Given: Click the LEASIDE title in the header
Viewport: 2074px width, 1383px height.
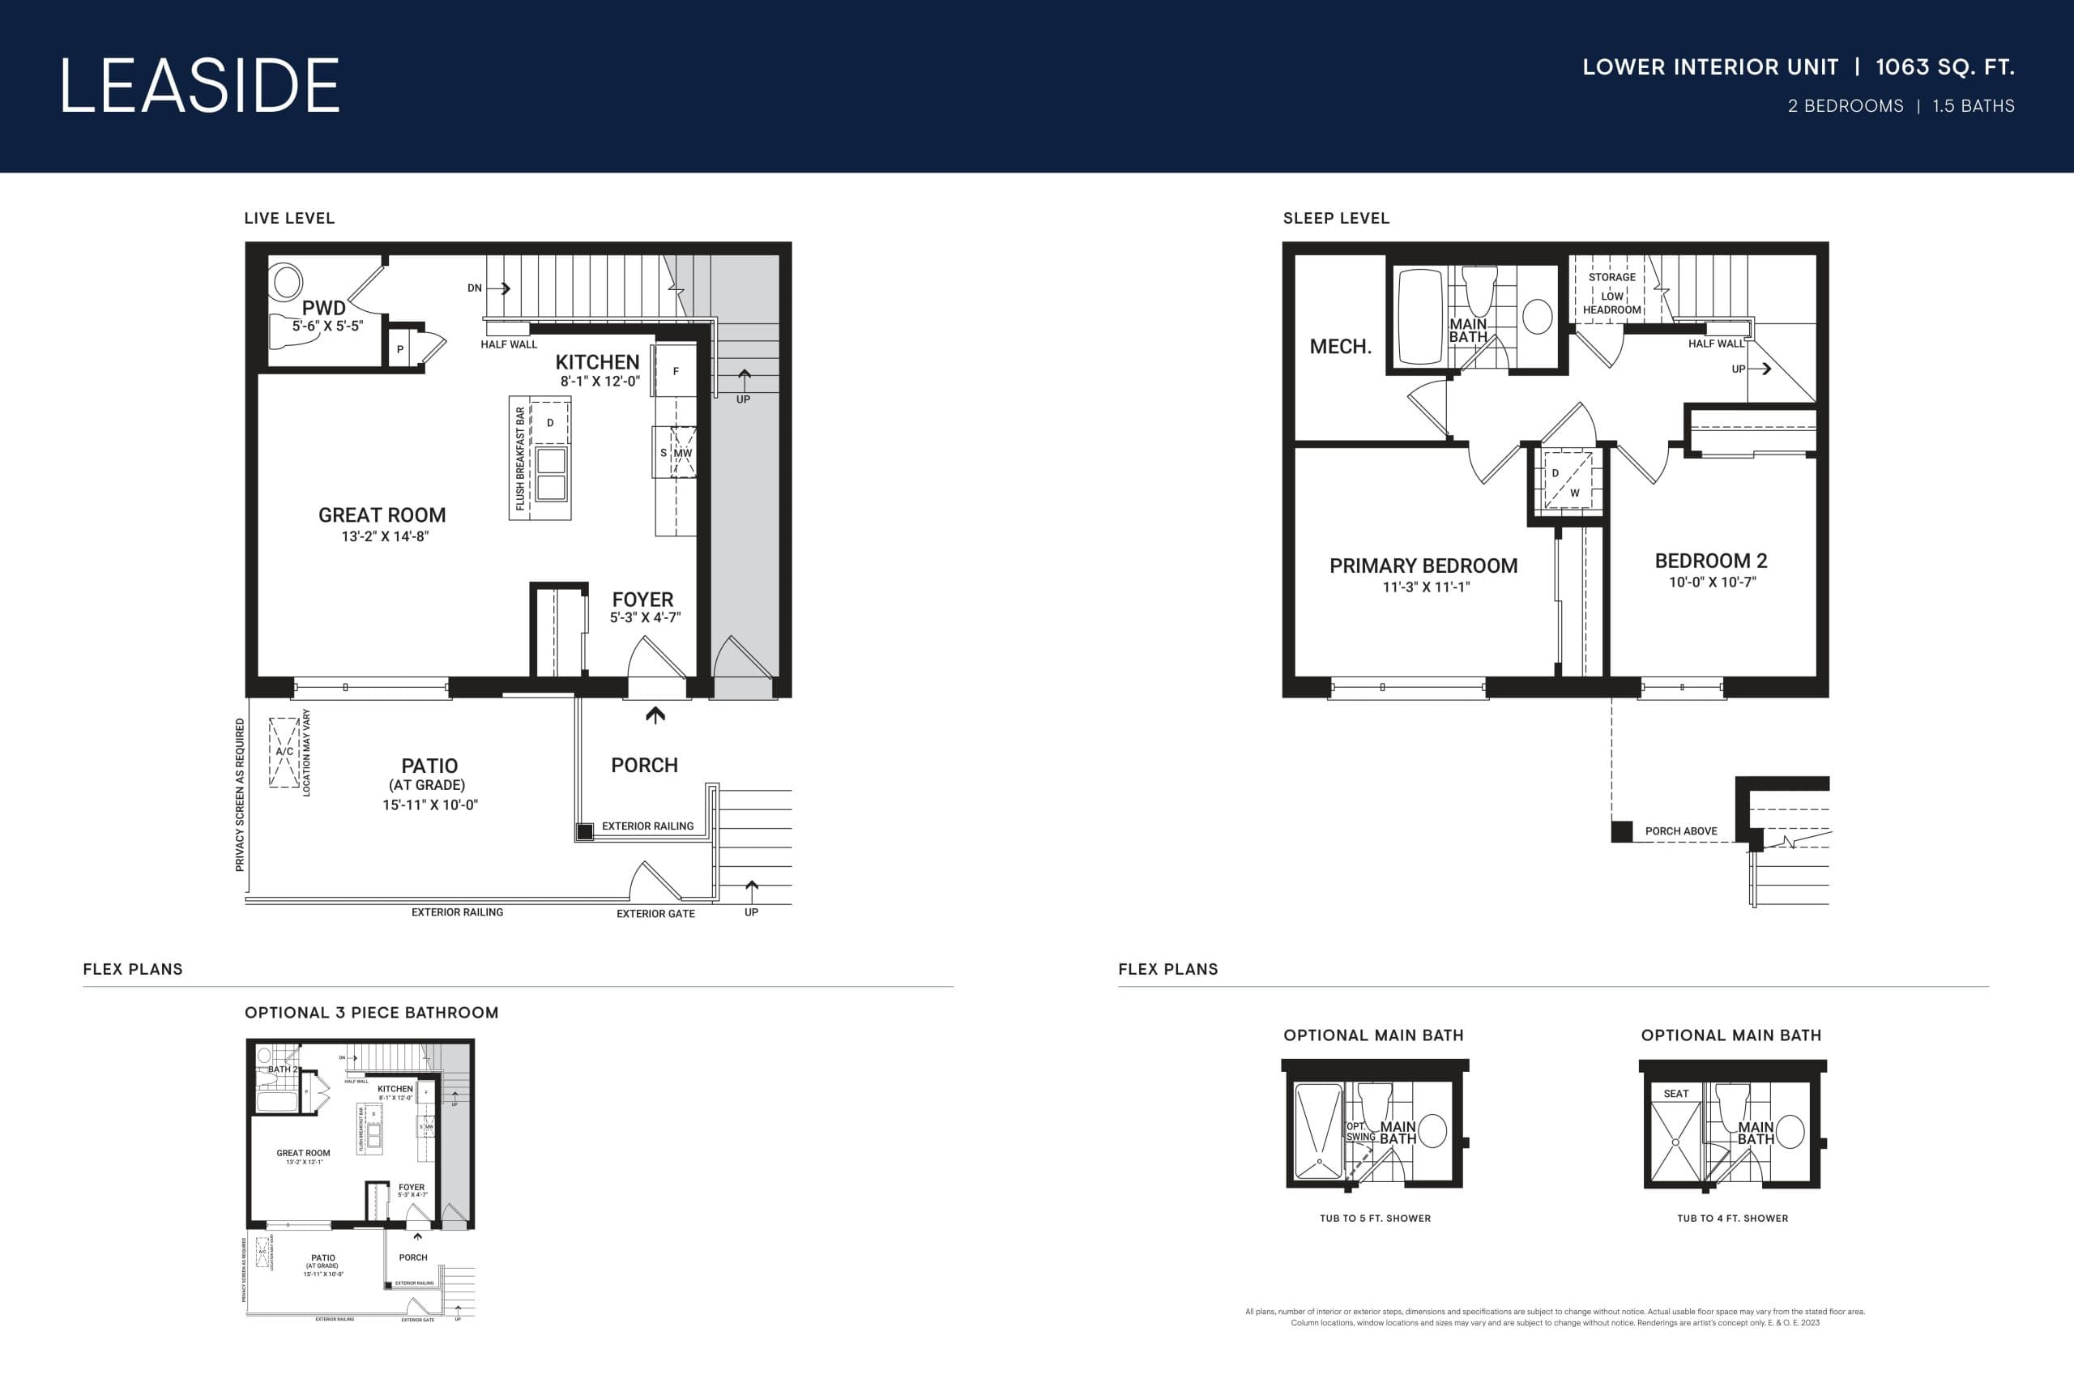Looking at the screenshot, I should (199, 86).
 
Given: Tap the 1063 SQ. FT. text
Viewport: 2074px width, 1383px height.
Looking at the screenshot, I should (1944, 67).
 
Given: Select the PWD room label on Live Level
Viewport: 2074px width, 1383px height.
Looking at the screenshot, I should (323, 308).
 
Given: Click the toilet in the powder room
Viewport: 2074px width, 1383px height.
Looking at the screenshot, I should (287, 282).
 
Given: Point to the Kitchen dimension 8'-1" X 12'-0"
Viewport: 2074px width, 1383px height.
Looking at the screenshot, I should (600, 381).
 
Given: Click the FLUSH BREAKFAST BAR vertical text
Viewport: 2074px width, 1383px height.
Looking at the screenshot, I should (520, 458).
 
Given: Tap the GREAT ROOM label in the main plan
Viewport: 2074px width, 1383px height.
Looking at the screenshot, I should (382, 515).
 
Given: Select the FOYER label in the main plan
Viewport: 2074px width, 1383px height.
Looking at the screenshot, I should (642, 599).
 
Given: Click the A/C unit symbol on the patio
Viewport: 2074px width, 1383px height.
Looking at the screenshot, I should (284, 752).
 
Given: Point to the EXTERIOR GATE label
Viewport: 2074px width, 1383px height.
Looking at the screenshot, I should (655, 914).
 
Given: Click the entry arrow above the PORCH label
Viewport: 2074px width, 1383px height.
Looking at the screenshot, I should (655, 715).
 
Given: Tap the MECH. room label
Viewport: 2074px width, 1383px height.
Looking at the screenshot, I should (1339, 347).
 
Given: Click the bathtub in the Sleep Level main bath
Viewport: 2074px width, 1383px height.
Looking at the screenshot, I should (1419, 316).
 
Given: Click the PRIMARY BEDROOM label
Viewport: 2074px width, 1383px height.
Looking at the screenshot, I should (1423, 566).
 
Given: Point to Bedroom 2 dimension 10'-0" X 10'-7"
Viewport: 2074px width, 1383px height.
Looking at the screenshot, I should (1712, 583).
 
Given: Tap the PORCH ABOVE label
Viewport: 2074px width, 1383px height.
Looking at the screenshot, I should (1681, 831).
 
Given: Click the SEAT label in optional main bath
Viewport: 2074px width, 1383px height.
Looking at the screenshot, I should (1675, 1094).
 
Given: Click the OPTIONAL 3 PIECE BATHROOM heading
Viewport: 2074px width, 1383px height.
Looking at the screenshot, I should (371, 1013).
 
